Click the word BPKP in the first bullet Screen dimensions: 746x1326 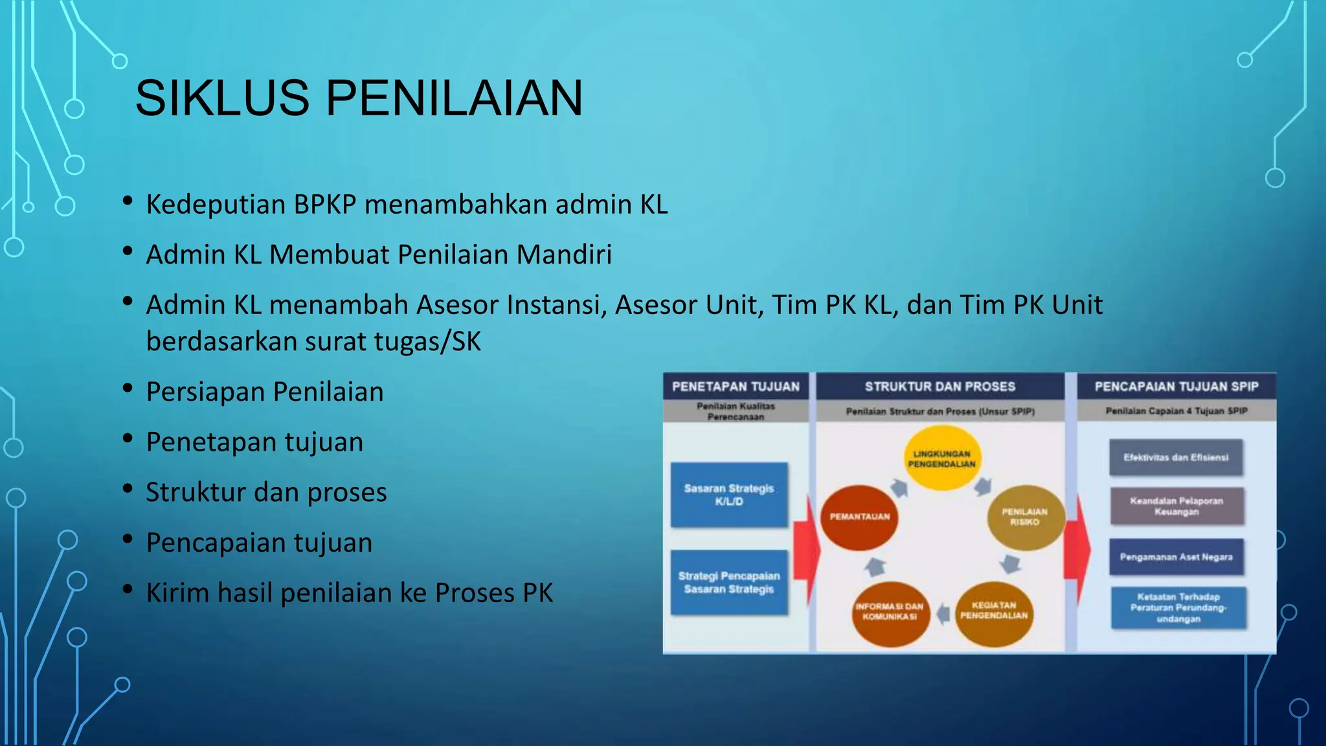[x=325, y=205]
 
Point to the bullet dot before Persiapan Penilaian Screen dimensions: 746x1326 [x=128, y=389]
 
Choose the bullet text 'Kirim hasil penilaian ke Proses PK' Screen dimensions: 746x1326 [x=350, y=593]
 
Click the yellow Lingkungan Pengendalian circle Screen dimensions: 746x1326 [x=942, y=458]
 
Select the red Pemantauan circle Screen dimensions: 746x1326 [x=860, y=517]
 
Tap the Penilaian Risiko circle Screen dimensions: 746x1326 [x=1025, y=517]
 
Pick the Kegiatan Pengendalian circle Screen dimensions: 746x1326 [x=994, y=611]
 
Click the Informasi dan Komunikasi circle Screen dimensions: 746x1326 [x=890, y=612]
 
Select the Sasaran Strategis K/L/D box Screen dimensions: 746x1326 [x=729, y=495]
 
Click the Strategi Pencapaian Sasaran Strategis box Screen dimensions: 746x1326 [x=729, y=583]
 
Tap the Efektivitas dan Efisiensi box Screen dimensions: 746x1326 [x=1176, y=458]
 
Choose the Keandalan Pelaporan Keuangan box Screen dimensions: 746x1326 [x=1176, y=506]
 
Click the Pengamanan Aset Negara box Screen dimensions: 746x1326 [x=1176, y=557]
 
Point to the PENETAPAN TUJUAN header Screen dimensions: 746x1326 [x=736, y=387]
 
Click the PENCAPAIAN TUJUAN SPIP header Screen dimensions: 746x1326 [x=1176, y=387]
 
